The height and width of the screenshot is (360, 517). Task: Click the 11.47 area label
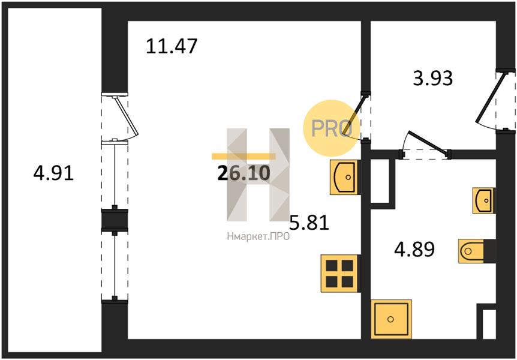[172, 46]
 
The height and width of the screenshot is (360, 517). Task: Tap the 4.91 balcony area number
[53, 173]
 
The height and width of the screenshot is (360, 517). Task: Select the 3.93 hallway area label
[433, 79]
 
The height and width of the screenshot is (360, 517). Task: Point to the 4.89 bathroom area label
[414, 249]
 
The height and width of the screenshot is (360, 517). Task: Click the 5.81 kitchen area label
[309, 223]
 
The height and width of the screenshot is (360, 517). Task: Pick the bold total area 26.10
[244, 173]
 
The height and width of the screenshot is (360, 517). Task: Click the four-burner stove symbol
[339, 274]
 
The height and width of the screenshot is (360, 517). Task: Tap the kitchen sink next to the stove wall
[344, 177]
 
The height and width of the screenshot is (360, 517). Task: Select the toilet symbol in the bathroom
[471, 251]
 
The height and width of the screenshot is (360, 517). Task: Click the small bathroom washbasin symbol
[483, 200]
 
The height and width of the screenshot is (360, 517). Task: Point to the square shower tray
[392, 319]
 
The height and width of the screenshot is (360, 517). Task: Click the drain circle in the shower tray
[390, 319]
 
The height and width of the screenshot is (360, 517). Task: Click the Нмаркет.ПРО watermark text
[258, 236]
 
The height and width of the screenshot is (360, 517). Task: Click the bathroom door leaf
[428, 142]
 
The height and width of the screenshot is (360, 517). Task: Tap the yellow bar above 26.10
[244, 157]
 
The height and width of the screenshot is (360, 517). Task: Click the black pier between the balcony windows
[115, 220]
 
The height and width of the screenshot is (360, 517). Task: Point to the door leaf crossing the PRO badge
[354, 115]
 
